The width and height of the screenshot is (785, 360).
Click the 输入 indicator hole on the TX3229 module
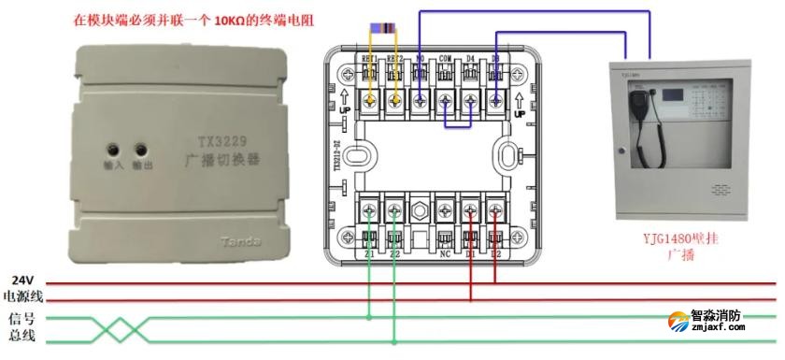pos(114,149)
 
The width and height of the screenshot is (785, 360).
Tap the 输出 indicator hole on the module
pos(143,149)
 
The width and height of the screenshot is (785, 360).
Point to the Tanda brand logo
pos(241,242)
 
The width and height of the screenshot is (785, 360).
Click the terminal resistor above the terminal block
pos(383,27)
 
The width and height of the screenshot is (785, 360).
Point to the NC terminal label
pos(446,252)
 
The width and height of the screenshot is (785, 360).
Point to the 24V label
pos(22,280)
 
